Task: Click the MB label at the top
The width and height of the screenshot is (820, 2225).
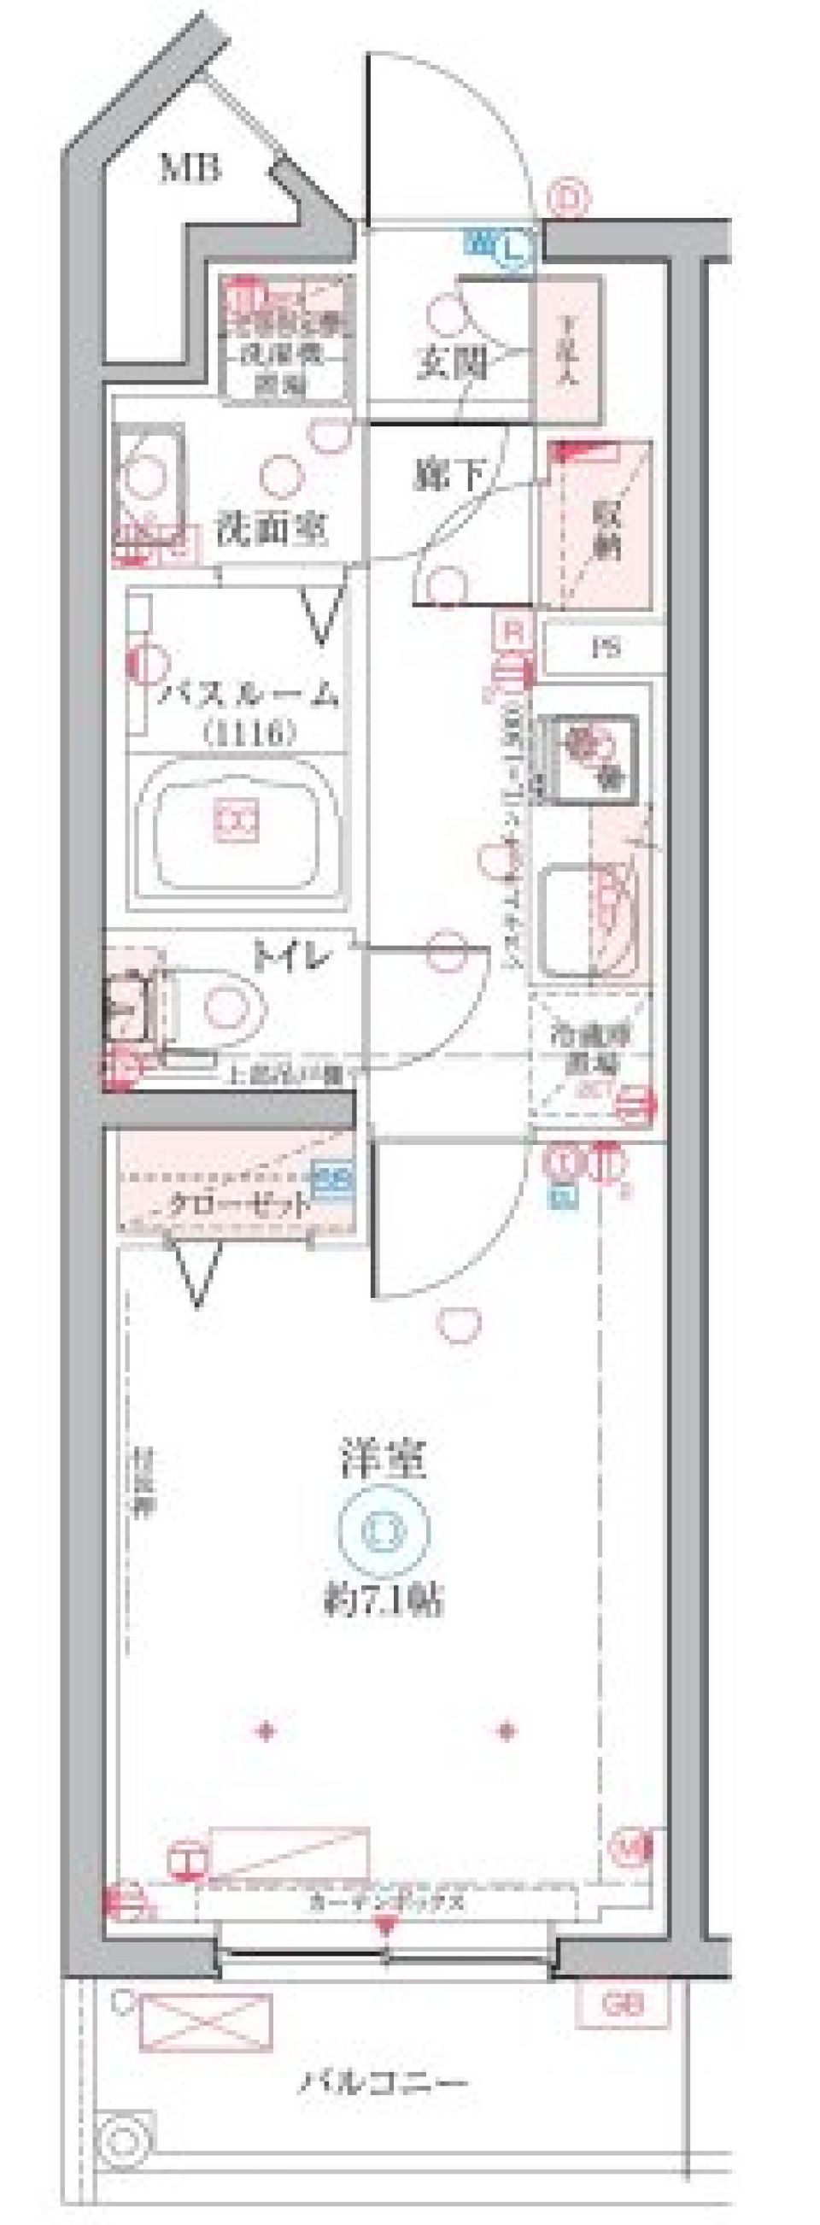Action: coord(190,167)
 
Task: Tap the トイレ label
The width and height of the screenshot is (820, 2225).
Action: coord(292,956)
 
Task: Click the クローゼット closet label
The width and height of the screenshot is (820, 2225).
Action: coord(238,1202)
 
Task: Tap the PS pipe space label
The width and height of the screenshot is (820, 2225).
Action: coord(605,647)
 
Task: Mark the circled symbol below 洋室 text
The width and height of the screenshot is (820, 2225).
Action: coord(384,1528)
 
